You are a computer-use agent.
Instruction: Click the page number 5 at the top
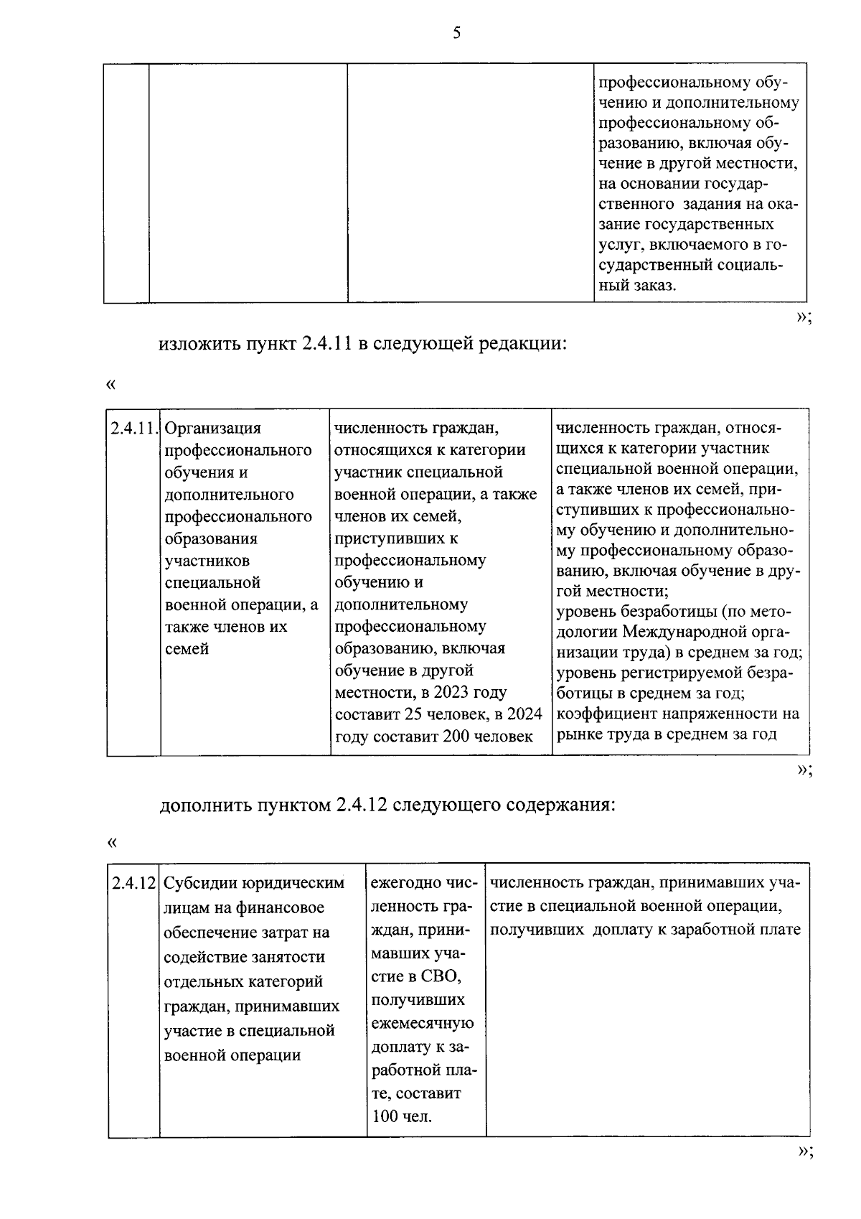tap(456, 33)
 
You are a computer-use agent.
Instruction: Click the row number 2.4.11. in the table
tap(133, 429)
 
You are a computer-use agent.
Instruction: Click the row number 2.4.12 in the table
tap(134, 883)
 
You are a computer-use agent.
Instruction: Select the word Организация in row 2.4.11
tap(212, 429)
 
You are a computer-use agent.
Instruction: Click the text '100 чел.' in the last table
tap(403, 1117)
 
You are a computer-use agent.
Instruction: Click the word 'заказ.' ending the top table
tap(654, 286)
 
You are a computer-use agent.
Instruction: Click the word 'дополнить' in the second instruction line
tap(204, 805)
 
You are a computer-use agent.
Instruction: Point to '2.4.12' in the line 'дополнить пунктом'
tap(361, 805)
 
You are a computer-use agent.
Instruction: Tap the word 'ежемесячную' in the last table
tap(423, 1023)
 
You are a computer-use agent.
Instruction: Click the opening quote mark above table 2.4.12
tap(110, 841)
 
